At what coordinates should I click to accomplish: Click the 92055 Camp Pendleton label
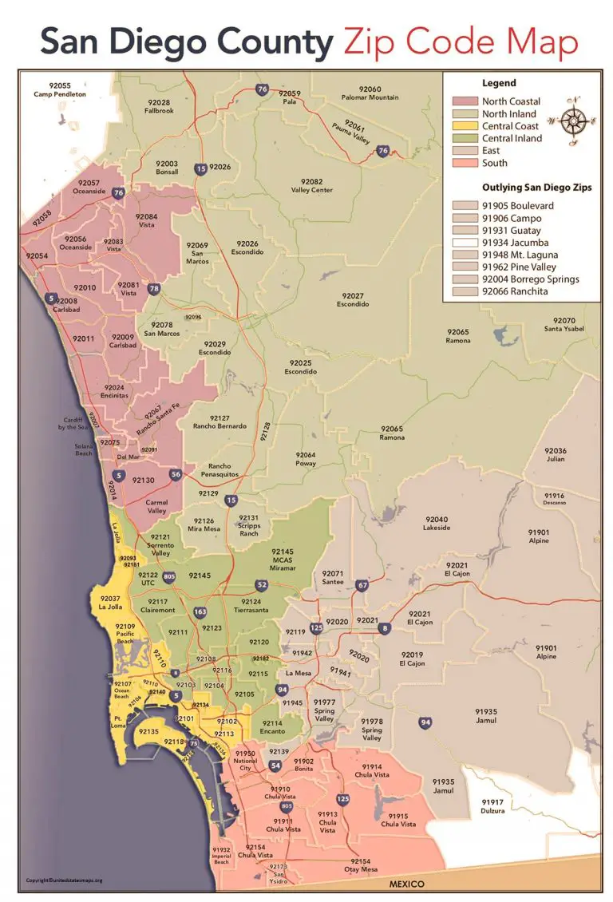(52, 90)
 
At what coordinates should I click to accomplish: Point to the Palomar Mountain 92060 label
(370, 93)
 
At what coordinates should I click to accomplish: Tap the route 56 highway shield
(176, 475)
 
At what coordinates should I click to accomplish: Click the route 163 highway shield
(200, 612)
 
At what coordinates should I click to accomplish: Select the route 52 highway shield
(261, 586)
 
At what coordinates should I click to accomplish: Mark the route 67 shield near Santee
(362, 586)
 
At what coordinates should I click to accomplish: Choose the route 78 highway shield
(153, 289)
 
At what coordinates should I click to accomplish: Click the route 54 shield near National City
(275, 766)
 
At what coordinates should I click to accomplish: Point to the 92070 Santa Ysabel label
(564, 325)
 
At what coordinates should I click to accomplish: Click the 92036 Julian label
(556, 455)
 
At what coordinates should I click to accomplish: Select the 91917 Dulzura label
(492, 806)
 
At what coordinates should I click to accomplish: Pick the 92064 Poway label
(306, 459)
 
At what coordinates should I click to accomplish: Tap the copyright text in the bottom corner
(65, 880)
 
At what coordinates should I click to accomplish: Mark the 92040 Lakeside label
(436, 524)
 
